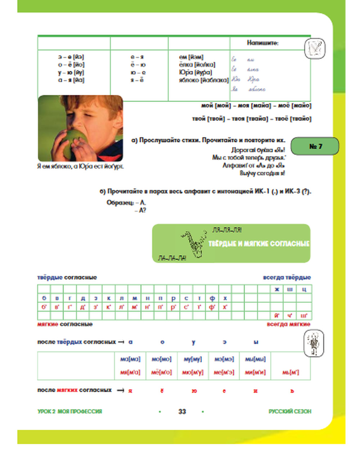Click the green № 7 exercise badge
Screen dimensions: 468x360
315,146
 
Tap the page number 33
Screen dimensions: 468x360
182,411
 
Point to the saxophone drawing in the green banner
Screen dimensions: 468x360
192,244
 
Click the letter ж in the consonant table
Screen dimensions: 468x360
276,289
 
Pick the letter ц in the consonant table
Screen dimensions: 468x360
304,289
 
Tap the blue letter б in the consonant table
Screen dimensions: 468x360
44,298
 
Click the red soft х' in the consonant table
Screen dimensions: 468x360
225,307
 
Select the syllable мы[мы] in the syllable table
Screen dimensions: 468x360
255,359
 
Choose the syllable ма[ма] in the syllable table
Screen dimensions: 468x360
130,359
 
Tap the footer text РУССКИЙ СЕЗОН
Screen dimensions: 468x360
290,411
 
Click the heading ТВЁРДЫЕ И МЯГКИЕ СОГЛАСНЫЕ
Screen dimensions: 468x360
258,244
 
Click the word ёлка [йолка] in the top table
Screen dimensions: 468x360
197,65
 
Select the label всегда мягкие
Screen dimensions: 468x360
288,324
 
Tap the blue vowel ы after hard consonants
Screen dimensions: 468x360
256,342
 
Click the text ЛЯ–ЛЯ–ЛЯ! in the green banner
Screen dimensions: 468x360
227,230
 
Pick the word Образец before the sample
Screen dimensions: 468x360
120,203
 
